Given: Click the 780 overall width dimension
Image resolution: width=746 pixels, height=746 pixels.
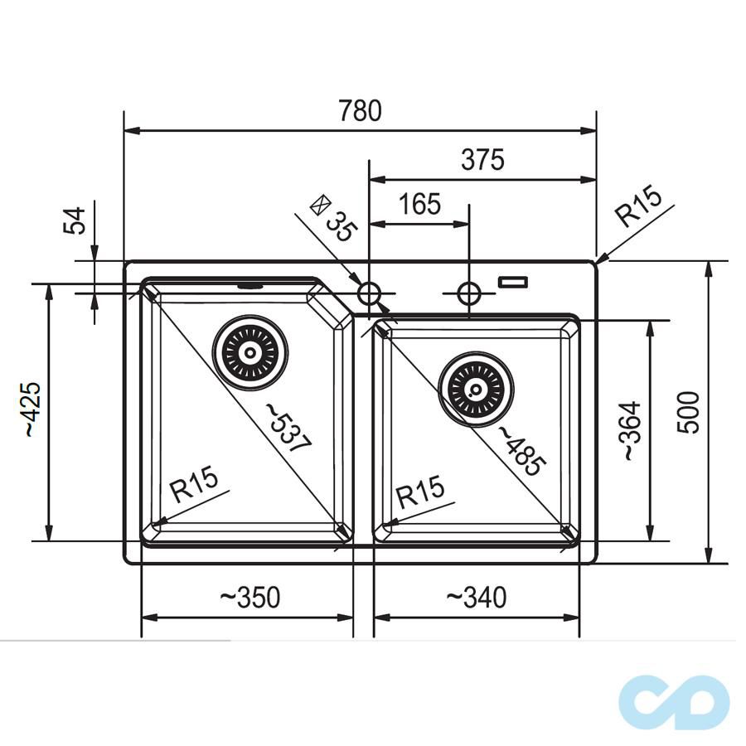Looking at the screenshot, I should pyautogui.click(x=361, y=111).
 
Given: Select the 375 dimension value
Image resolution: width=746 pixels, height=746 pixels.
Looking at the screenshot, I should pyautogui.click(x=482, y=159).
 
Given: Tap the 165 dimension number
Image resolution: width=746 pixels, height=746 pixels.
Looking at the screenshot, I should pyautogui.click(x=419, y=204).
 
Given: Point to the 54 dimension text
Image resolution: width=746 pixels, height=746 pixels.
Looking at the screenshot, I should pyautogui.click(x=75, y=221).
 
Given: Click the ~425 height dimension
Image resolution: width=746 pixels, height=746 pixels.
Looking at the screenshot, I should pyautogui.click(x=31, y=409).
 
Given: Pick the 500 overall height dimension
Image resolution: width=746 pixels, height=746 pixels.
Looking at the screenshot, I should pyautogui.click(x=690, y=411).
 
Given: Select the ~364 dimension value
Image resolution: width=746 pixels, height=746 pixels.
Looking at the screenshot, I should pyautogui.click(x=631, y=431).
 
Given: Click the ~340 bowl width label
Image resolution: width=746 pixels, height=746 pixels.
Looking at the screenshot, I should pyautogui.click(x=477, y=597).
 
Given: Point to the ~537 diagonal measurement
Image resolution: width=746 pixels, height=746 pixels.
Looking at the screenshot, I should pyautogui.click(x=288, y=427).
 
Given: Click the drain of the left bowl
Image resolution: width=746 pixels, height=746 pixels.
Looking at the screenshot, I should pyautogui.click(x=250, y=352).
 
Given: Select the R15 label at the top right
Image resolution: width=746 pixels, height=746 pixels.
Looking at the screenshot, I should pyautogui.click(x=637, y=208).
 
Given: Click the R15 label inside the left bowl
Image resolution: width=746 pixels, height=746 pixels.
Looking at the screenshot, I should pyautogui.click(x=193, y=485).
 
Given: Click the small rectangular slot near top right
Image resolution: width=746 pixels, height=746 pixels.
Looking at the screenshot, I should pyautogui.click(x=512, y=283).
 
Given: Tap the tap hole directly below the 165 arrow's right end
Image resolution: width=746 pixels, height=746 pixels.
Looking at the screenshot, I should pyautogui.click(x=468, y=293).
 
